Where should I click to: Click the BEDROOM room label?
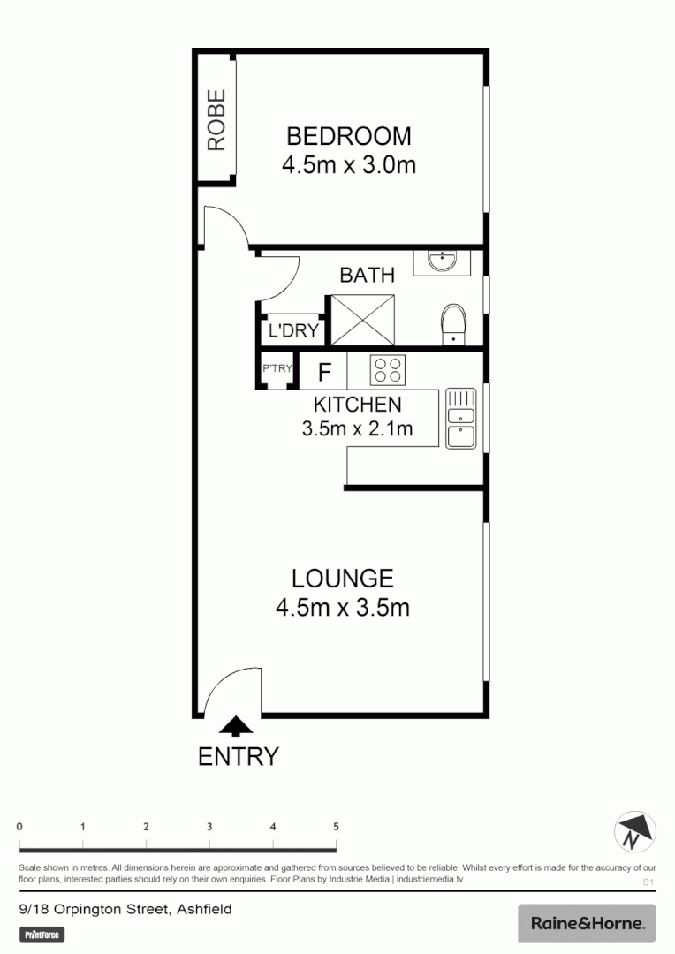click(x=349, y=136)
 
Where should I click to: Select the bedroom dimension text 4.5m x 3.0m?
click(x=349, y=164)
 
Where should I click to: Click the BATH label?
click(x=367, y=275)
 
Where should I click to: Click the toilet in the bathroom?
click(x=453, y=323)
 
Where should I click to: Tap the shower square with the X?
click(x=362, y=321)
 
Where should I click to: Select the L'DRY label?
click(x=292, y=331)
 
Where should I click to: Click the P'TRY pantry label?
click(x=276, y=369)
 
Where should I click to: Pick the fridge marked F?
click(x=324, y=371)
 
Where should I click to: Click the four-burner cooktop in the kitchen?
click(x=387, y=369)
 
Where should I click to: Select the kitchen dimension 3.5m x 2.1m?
click(x=357, y=430)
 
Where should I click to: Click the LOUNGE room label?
click(x=343, y=579)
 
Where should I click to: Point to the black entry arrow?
click(x=235, y=726)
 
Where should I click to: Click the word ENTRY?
click(x=239, y=757)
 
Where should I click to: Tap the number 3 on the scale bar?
click(x=209, y=827)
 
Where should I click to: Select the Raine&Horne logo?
click(x=587, y=924)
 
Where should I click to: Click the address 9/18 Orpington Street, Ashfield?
click(x=125, y=909)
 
